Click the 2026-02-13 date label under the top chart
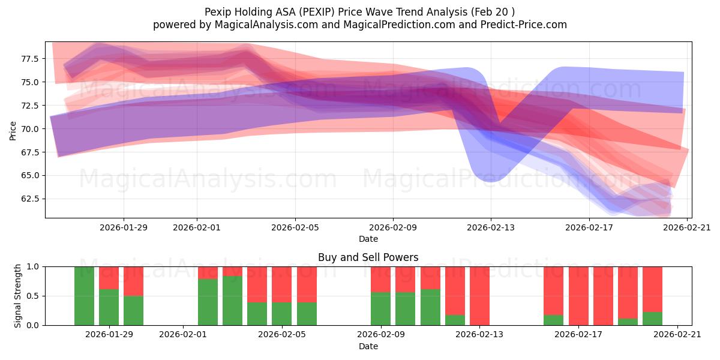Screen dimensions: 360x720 [491, 227]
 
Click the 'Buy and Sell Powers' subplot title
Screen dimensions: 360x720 [368, 257]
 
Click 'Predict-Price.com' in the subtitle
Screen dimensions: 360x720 [524, 25]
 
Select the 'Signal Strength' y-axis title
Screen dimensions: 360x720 [18, 295]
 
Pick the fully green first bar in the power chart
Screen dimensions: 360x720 [84, 296]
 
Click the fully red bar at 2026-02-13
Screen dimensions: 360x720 [479, 296]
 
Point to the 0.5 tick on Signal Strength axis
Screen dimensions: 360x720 [35, 296]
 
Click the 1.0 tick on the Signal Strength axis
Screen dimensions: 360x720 [35, 266]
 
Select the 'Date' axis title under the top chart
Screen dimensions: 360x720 [368, 239]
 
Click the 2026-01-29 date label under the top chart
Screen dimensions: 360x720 [124, 227]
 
